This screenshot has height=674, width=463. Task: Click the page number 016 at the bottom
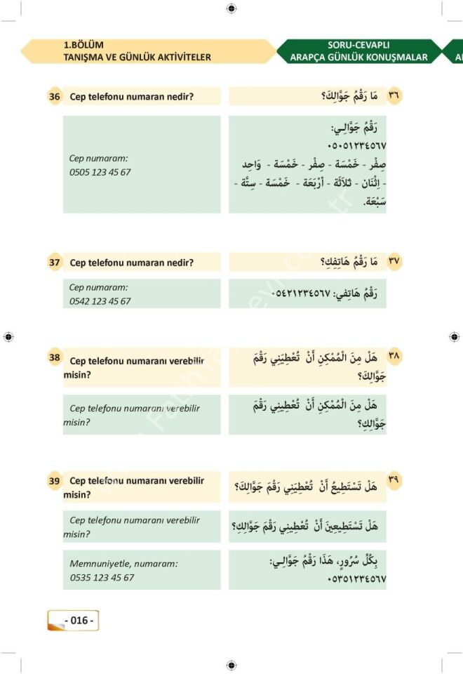point(79,621)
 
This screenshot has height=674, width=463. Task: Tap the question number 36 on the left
point(55,97)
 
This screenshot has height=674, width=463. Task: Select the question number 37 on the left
point(55,263)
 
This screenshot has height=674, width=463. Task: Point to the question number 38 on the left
point(55,358)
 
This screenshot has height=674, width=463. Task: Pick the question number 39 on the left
point(55,481)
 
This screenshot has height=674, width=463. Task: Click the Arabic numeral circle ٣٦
point(394,96)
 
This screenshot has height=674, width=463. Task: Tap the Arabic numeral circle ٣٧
point(394,262)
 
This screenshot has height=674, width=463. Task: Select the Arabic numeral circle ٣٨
point(394,357)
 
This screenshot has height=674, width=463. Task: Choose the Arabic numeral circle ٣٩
point(394,480)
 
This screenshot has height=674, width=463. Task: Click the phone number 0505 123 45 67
point(100,172)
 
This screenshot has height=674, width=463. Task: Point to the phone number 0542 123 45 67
point(100,301)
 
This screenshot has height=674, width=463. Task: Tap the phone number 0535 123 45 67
point(102,578)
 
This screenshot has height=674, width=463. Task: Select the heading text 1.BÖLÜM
point(83,46)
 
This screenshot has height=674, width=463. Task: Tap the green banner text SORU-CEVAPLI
point(358,45)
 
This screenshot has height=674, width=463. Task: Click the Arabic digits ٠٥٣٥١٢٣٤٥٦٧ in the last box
point(356,580)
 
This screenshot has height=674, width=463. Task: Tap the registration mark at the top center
point(231,8)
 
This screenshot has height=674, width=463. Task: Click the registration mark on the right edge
point(454,337)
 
